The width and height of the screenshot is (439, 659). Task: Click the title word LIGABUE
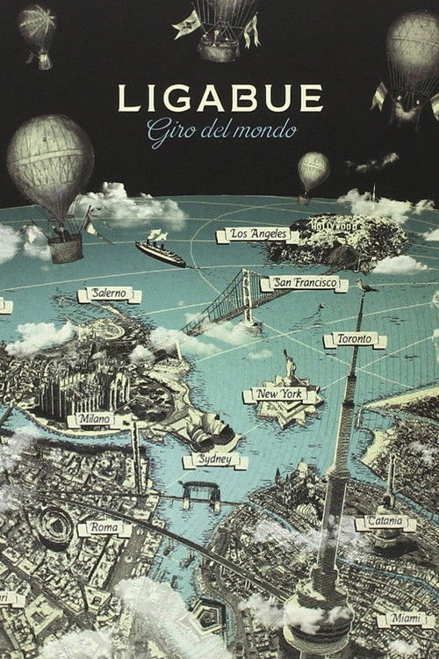pos(219,98)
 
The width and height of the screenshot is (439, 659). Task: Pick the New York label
pos(278,395)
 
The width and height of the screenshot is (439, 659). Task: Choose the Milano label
pos(94,419)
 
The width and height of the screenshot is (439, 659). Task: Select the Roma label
pos(104,529)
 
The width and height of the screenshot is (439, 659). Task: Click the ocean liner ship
pos(160,252)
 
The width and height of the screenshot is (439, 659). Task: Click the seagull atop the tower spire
pos(366,286)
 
